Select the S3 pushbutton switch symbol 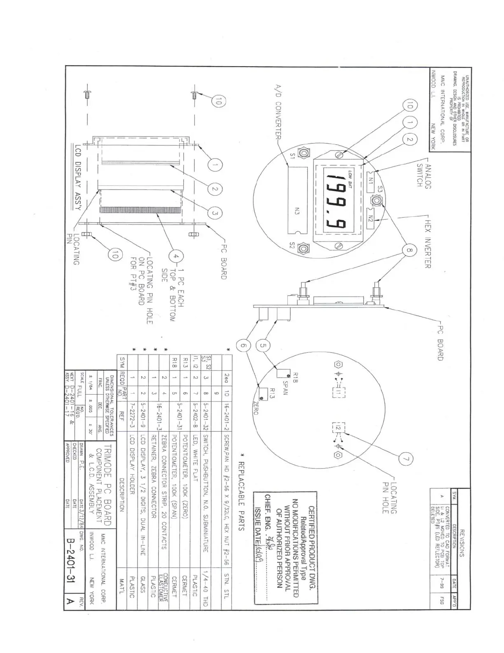[376, 201]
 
